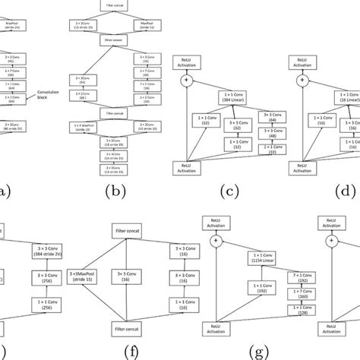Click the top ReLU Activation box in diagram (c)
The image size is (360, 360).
pyautogui.click(x=185, y=60)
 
